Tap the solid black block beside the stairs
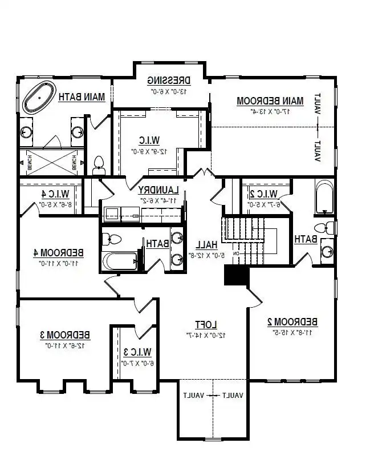236,276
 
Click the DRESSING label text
168,80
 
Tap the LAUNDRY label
158,190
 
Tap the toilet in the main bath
99,164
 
